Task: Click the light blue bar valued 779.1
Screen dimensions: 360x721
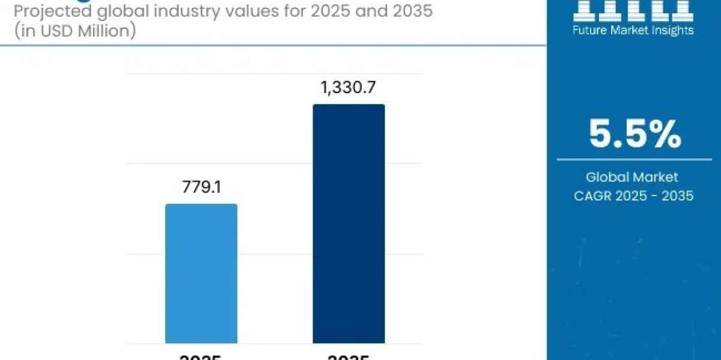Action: point(201,274)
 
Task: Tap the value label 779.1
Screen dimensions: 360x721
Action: point(201,187)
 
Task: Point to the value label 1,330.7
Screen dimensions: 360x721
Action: point(348,88)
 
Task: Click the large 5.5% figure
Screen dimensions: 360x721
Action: point(634,134)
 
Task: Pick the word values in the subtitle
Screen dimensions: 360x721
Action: point(252,11)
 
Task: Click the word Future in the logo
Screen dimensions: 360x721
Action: point(591,30)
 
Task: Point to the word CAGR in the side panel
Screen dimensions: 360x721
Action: point(595,195)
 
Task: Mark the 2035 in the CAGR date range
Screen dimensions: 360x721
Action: point(677,195)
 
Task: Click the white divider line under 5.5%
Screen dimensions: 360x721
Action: point(634,160)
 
